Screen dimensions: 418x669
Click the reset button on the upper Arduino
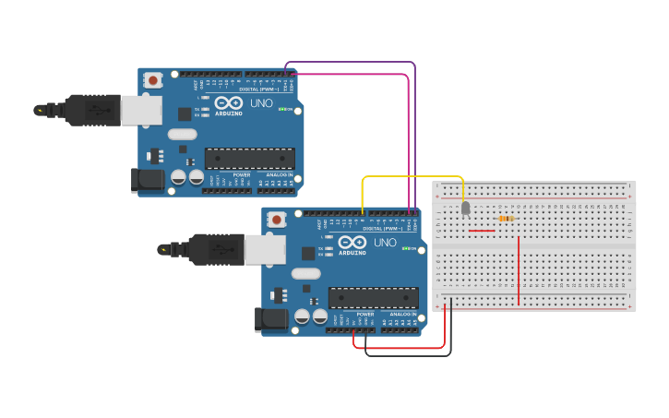click(x=152, y=80)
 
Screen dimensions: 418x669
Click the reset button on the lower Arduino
click(x=276, y=220)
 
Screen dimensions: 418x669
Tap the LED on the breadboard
click(x=465, y=208)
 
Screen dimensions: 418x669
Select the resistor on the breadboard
click(x=506, y=219)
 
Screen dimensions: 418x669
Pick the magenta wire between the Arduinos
click(x=408, y=138)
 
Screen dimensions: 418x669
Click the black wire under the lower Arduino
click(x=406, y=355)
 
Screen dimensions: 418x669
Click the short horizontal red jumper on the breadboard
click(x=481, y=231)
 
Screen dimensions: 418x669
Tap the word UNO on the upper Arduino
click(x=261, y=103)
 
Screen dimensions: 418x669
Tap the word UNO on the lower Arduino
click(x=385, y=243)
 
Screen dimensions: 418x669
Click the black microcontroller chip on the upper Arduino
click(x=249, y=158)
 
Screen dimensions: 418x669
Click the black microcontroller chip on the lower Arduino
click(x=373, y=297)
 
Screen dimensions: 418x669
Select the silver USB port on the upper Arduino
click(x=141, y=110)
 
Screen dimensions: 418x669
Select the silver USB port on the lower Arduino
click(x=265, y=249)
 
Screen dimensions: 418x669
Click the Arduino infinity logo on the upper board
click(x=229, y=102)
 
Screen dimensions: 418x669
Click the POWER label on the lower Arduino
click(x=365, y=315)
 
